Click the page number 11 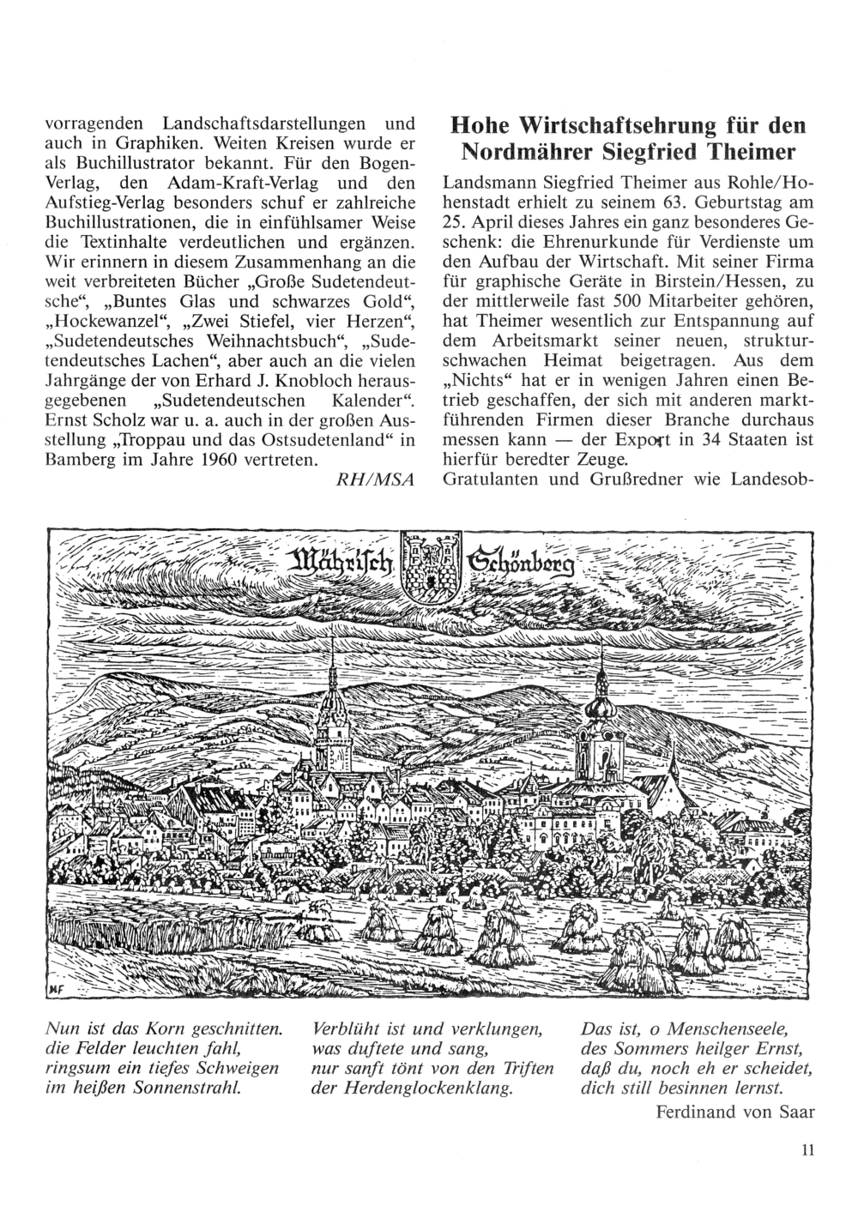click(x=806, y=1151)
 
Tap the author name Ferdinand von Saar click(x=733, y=1113)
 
